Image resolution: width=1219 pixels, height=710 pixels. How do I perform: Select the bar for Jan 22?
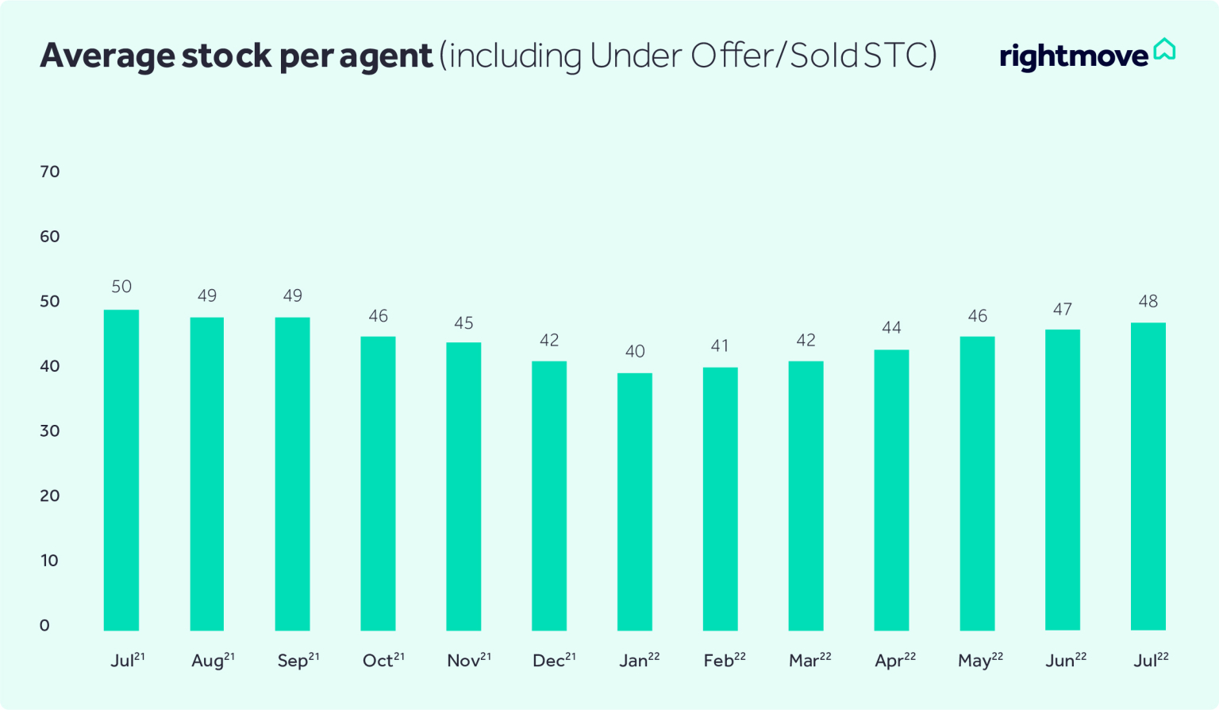click(x=635, y=501)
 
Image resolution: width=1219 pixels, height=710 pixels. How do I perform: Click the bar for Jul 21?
click(x=121, y=469)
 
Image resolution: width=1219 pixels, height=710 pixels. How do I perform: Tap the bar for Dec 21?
click(x=549, y=496)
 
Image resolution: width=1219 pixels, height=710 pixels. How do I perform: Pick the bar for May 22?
click(x=977, y=483)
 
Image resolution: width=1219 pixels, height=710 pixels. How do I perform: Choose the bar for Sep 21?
click(x=292, y=473)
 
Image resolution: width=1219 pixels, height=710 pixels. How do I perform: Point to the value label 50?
click(x=121, y=287)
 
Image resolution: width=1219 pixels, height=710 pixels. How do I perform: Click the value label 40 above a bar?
click(x=635, y=351)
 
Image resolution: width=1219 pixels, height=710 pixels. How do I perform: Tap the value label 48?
click(x=1148, y=301)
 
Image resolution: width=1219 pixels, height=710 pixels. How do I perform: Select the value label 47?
click(x=1062, y=310)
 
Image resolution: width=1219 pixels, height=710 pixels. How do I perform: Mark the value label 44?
click(x=891, y=327)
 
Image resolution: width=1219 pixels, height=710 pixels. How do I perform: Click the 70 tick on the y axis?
click(x=50, y=172)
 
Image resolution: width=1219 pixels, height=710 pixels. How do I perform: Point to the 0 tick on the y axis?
click(x=44, y=625)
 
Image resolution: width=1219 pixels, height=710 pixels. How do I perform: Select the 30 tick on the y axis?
click(x=50, y=430)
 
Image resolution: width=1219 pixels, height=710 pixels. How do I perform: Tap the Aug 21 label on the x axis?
click(x=213, y=660)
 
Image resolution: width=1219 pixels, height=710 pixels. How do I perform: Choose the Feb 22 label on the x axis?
click(x=725, y=660)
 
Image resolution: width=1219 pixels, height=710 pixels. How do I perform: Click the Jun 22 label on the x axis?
click(x=1066, y=660)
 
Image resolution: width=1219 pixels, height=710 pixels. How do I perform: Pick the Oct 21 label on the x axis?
click(x=383, y=660)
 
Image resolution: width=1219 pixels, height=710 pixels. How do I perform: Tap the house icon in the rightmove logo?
click(x=1164, y=49)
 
